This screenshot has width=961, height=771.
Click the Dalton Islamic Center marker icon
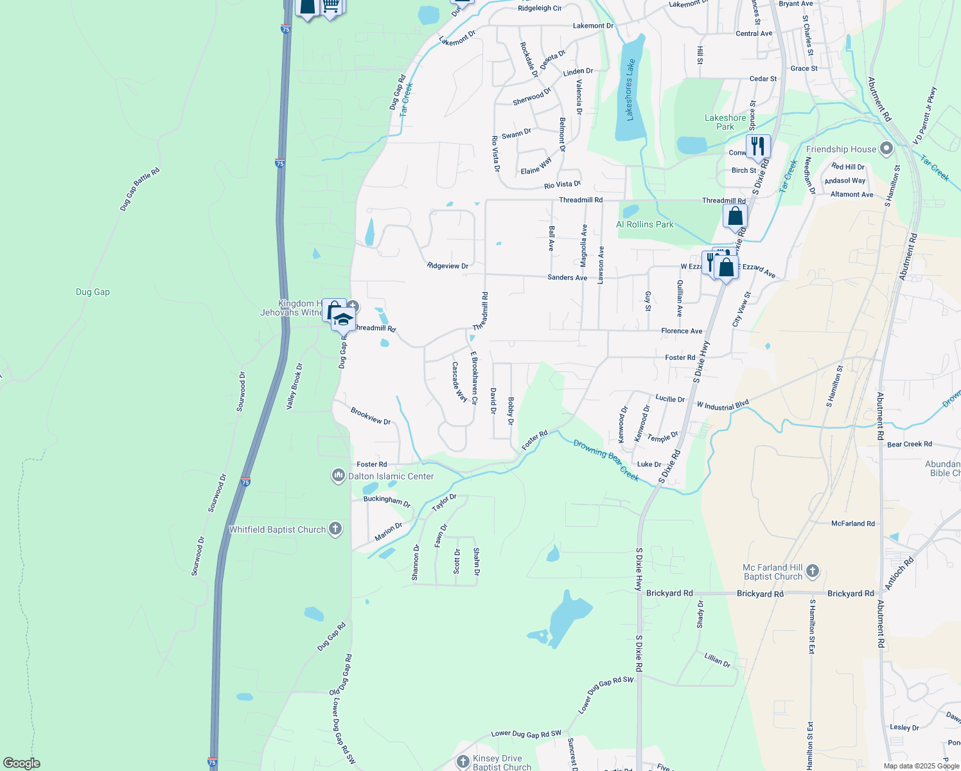[339, 476]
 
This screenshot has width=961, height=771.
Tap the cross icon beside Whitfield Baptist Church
[335, 529]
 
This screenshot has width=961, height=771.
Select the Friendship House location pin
[886, 149]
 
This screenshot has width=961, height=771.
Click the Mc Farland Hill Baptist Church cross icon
[813, 571]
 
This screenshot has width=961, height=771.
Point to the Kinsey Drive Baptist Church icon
[463, 762]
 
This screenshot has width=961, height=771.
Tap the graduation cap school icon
[343, 319]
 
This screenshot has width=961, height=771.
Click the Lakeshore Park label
[725, 122]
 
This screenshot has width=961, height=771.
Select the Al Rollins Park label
[645, 224]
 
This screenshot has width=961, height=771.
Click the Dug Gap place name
[93, 292]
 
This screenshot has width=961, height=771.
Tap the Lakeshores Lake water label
[630, 89]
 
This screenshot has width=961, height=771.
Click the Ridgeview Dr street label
[448, 265]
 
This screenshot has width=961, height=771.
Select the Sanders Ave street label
[567, 278]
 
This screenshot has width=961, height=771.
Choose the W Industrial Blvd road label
[723, 406]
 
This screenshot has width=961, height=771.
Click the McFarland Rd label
[853, 524]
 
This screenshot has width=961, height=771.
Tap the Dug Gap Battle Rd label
[139, 190]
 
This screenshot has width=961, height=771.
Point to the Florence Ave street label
[682, 331]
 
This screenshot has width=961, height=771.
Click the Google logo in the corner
[21, 763]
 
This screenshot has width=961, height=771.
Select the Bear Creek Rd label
[909, 444]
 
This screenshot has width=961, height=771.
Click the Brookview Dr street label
[371, 416]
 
